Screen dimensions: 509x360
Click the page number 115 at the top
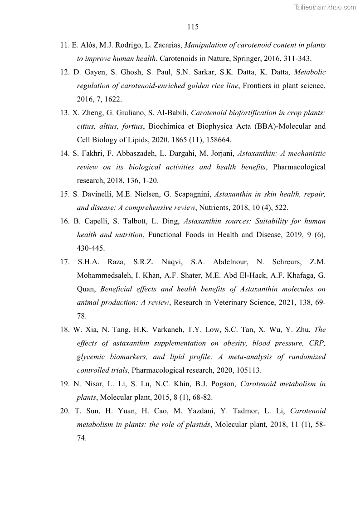click(193, 27)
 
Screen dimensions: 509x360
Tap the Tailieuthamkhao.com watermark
click(325, 7)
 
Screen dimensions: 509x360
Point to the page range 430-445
click(91, 248)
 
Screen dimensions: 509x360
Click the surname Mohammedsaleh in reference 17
click(105, 276)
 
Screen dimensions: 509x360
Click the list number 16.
click(64, 221)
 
